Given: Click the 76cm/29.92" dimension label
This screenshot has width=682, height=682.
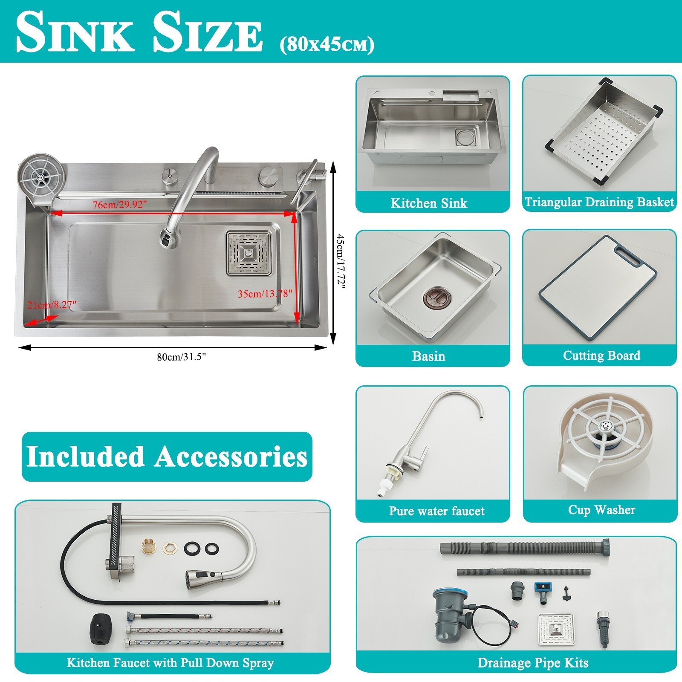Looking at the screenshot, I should pyautogui.click(x=120, y=205).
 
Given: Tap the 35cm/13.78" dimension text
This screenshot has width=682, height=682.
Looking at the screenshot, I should pyautogui.click(x=265, y=294).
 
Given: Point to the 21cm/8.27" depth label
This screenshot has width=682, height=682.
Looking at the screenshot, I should pyautogui.click(x=52, y=305).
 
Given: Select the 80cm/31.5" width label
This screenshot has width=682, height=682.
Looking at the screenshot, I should pyautogui.click(x=181, y=357).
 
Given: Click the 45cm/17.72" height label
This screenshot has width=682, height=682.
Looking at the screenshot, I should pyautogui.click(x=340, y=260).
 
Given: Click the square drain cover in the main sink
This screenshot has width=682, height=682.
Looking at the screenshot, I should pyautogui.click(x=249, y=253).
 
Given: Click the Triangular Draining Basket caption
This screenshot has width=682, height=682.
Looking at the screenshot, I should pyautogui.click(x=599, y=202).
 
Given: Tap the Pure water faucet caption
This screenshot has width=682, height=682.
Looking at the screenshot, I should pyautogui.click(x=436, y=511).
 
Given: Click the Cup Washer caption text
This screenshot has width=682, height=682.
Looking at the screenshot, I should pyautogui.click(x=601, y=510).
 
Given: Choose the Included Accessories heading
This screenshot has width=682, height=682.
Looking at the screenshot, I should pyautogui.click(x=167, y=457).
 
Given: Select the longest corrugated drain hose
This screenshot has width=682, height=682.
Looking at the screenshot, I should pyautogui.click(x=524, y=547).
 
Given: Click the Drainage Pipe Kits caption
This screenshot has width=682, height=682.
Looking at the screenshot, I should pyautogui.click(x=533, y=663).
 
